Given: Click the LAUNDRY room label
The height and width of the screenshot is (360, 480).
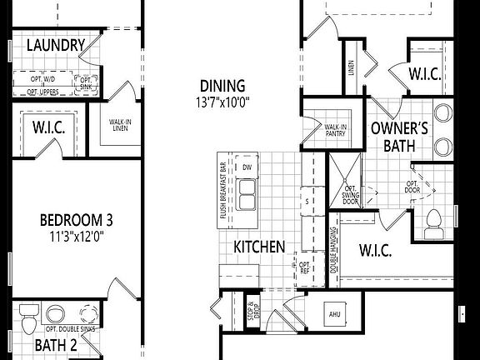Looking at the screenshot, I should point(56,45).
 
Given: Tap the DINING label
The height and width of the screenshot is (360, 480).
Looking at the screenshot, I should point(222,86).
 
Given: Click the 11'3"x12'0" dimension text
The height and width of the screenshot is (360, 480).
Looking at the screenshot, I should point(77,236).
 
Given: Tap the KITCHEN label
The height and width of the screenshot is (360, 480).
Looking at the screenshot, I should point(259,247).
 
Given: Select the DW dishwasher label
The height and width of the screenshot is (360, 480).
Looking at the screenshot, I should point(247,167).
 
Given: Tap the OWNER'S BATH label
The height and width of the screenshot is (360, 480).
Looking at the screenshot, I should point(399,137).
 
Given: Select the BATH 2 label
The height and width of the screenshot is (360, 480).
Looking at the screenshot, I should point(56,345).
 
